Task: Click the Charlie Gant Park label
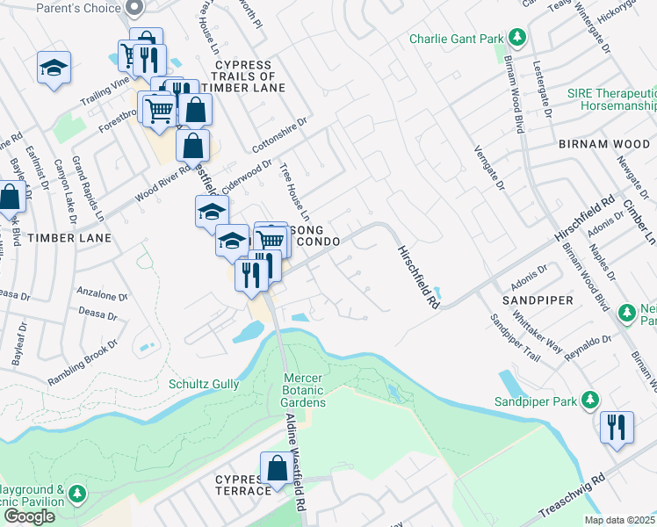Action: (x=456, y=39)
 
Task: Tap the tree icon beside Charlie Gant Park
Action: (x=518, y=38)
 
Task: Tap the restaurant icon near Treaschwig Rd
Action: (x=616, y=427)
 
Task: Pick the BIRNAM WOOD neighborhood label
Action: (x=603, y=143)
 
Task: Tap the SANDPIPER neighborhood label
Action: (x=537, y=300)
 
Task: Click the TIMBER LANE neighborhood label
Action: (x=69, y=238)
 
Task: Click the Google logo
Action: (x=29, y=516)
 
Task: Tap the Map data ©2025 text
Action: (x=618, y=520)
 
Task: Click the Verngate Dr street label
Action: (x=489, y=168)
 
